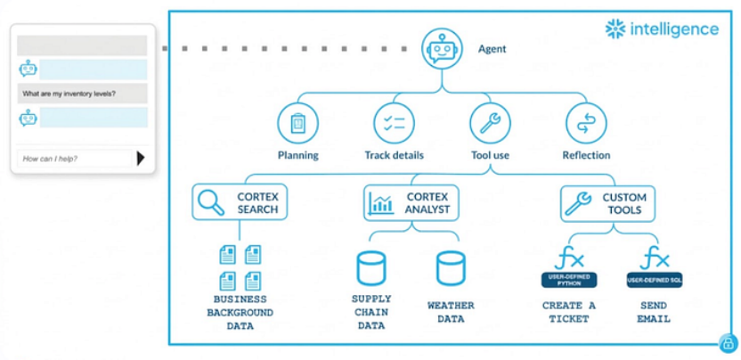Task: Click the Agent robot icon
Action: pos(444,49)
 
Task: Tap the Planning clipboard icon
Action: pos(297,122)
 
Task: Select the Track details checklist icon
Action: pos(394,122)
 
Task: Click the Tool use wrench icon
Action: pos(490,122)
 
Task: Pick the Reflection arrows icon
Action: pos(585,122)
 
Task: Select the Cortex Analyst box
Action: pos(411,202)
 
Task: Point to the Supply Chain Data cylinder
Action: pos(370,268)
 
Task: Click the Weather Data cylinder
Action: pos(451,268)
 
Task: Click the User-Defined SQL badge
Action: pos(655,280)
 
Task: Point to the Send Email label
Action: pos(655,312)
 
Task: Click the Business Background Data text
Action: pos(240,312)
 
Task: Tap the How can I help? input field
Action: pos(74,159)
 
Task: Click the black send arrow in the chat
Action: pos(141,159)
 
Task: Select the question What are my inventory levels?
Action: pos(69,94)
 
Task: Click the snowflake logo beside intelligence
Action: pos(615,29)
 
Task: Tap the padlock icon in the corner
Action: pos(728,342)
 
